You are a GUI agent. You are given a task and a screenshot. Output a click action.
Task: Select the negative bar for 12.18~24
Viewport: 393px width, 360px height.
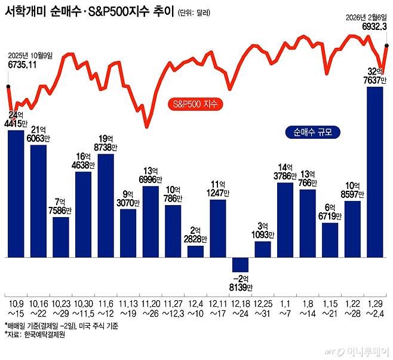pyautogui.click(x=240, y=265)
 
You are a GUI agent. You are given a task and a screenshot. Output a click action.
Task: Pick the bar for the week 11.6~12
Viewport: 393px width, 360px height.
pyautogui.click(x=106, y=206)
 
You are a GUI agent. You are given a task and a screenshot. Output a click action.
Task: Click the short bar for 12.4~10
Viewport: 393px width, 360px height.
pyautogui.click(x=195, y=251)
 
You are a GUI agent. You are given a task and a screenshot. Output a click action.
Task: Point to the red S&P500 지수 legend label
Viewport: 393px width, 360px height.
pyautogui.click(x=195, y=103)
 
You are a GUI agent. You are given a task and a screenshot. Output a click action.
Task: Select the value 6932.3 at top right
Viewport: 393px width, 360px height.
pyautogui.click(x=374, y=26)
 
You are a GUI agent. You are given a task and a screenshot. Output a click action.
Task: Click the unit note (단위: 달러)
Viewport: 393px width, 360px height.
pyautogui.click(x=195, y=13)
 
